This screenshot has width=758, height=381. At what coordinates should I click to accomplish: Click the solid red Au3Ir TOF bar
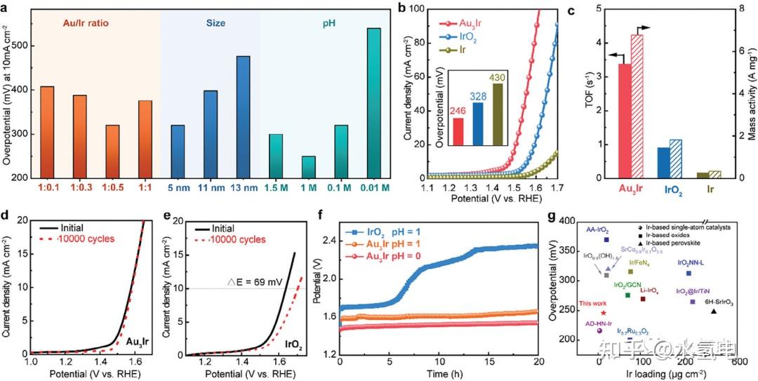click(x=625, y=120)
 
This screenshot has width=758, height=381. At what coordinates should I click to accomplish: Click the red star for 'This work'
click(x=603, y=313)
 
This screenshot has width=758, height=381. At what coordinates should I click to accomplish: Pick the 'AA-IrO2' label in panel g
click(x=598, y=229)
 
